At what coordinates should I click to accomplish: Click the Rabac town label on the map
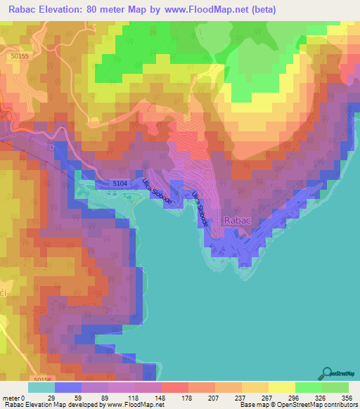click(236, 220)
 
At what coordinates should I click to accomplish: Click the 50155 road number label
click(22, 56)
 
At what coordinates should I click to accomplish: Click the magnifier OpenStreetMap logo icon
click(328, 372)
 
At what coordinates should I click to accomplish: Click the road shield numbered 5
click(51, 147)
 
